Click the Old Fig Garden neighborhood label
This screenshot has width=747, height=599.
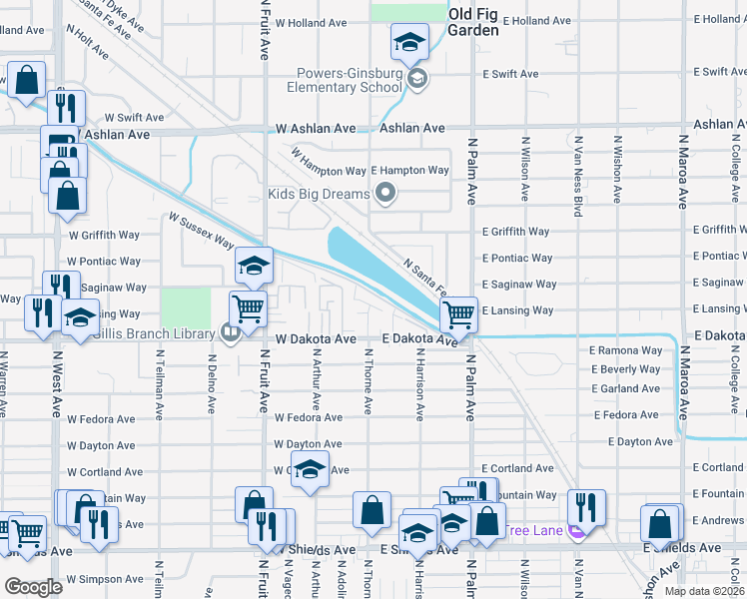tap(472, 21)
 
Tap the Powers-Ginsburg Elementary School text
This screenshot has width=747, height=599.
tap(348, 80)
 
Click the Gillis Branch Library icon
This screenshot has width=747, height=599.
tap(231, 332)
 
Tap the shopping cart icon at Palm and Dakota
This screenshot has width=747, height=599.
tap(458, 314)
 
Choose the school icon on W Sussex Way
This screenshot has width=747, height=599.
tap(254, 266)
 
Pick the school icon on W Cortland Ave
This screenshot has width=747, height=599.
tap(311, 471)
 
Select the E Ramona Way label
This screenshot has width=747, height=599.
tap(626, 350)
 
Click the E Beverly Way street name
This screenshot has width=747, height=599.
tap(626, 369)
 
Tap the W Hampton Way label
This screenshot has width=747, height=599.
tap(329, 159)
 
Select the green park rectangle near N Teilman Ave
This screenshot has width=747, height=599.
tap(186, 306)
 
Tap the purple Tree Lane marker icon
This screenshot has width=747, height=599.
tap(576, 530)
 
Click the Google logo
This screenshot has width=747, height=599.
tap(33, 587)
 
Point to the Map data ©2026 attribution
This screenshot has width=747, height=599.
tap(705, 591)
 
